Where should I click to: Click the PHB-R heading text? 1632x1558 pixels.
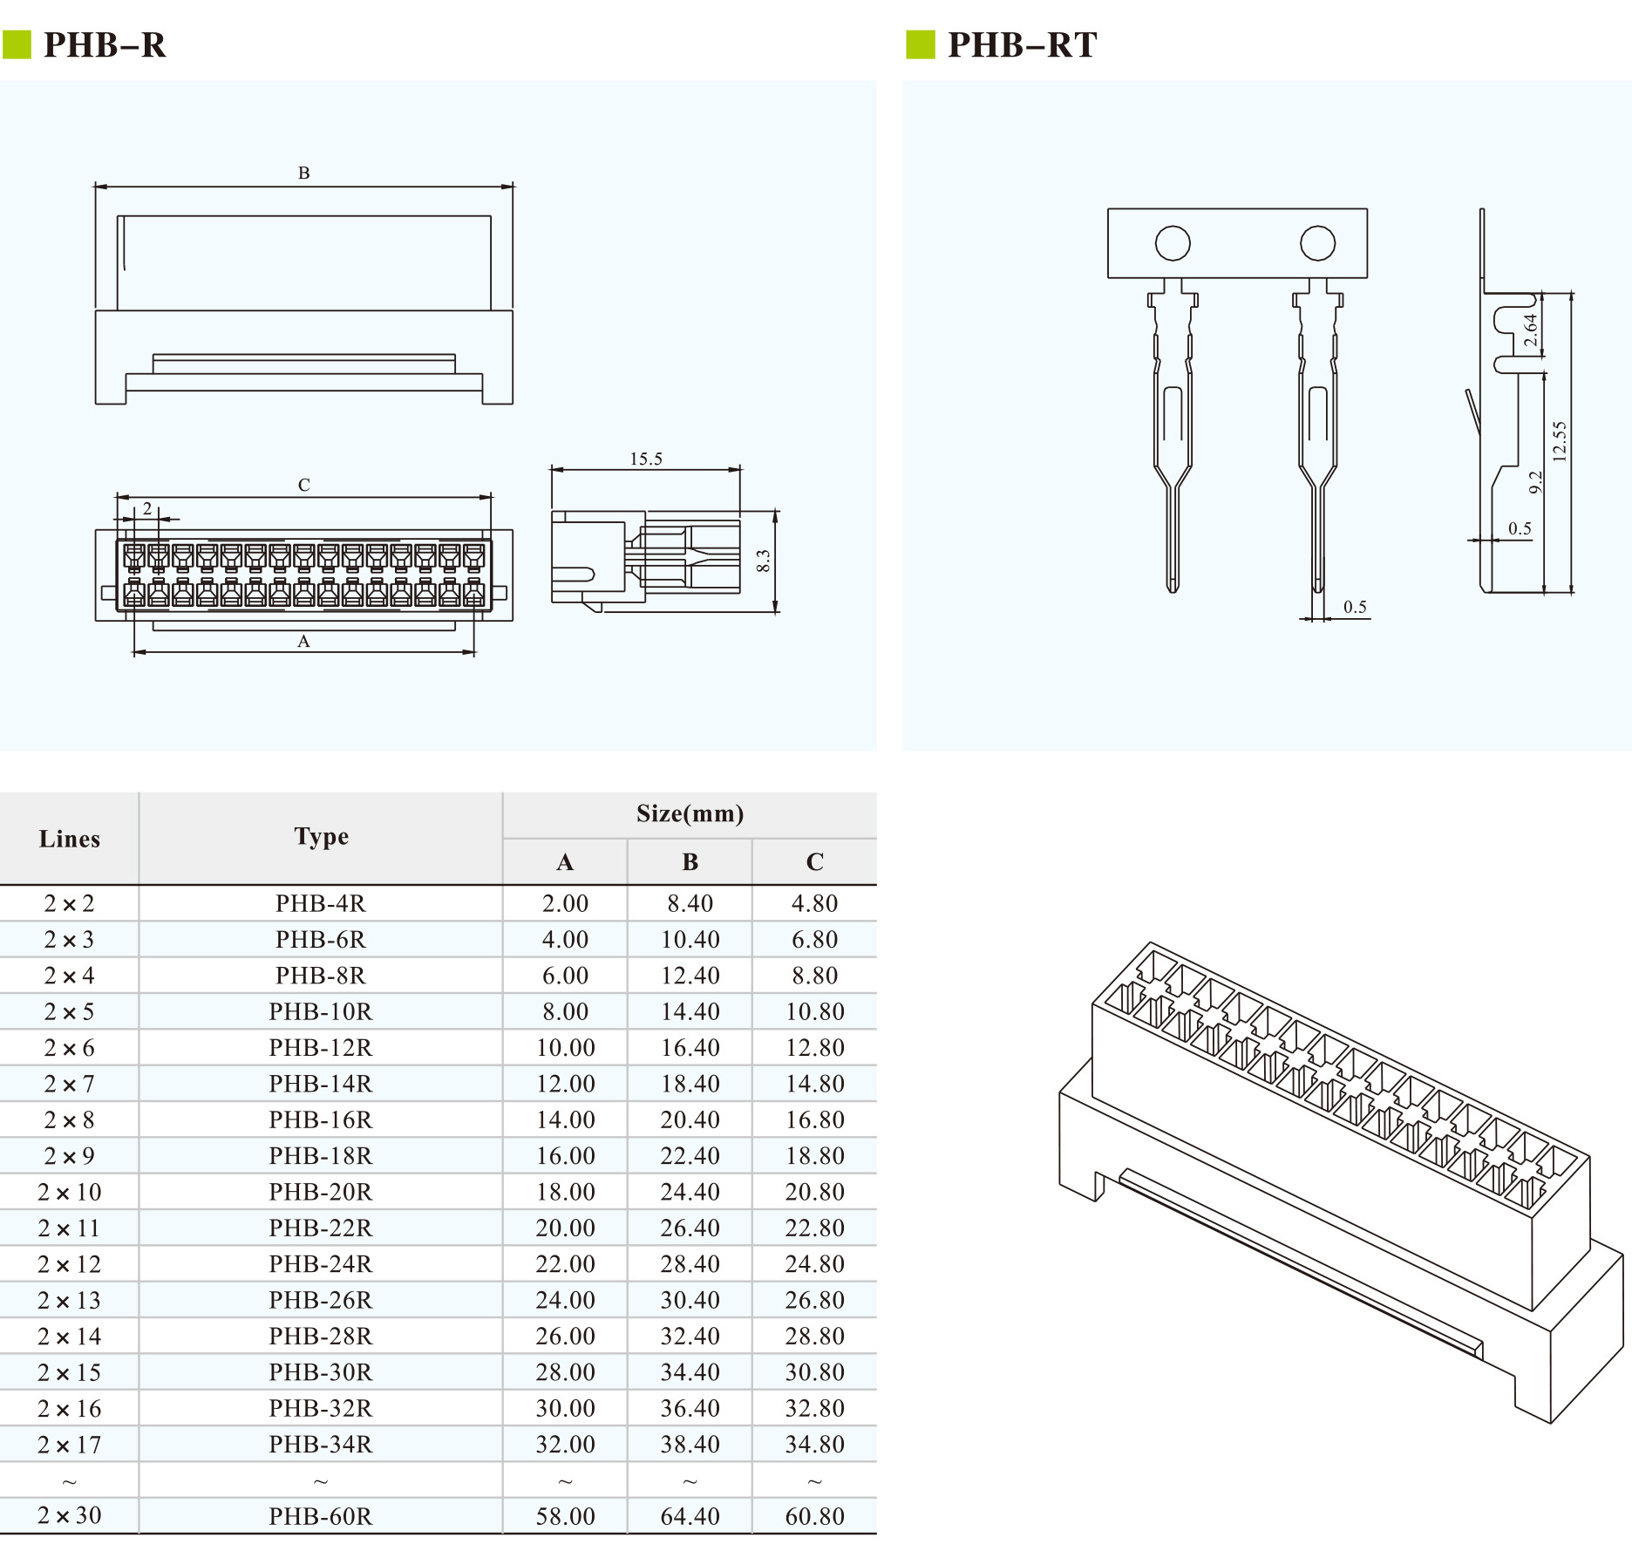tap(105, 44)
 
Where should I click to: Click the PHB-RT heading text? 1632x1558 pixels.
tap(1022, 44)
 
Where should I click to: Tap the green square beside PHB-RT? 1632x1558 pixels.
tap(920, 44)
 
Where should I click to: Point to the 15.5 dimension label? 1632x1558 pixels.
tap(646, 459)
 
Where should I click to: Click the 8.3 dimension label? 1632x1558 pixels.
tap(764, 561)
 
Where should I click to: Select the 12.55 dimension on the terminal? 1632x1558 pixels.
tap(1560, 441)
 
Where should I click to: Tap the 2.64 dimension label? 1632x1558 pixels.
tap(1531, 330)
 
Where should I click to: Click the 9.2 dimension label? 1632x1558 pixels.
tap(1536, 482)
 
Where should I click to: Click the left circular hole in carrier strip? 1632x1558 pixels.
tap(1173, 243)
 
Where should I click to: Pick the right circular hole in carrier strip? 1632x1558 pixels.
tap(1317, 243)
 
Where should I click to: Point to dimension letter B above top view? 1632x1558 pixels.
tap(303, 173)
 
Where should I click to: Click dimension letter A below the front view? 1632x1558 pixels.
tap(303, 642)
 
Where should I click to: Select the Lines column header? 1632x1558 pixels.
tap(69, 839)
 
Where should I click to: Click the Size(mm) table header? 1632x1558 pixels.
tap(690, 813)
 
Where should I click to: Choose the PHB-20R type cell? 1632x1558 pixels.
tap(320, 1192)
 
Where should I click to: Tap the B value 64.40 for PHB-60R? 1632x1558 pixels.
tap(690, 1516)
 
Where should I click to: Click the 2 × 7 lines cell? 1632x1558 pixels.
tap(69, 1084)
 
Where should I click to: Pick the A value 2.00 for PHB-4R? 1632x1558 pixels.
tap(565, 903)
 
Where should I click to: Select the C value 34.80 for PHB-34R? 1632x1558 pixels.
tap(814, 1444)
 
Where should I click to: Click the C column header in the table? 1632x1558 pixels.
tap(814, 862)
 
